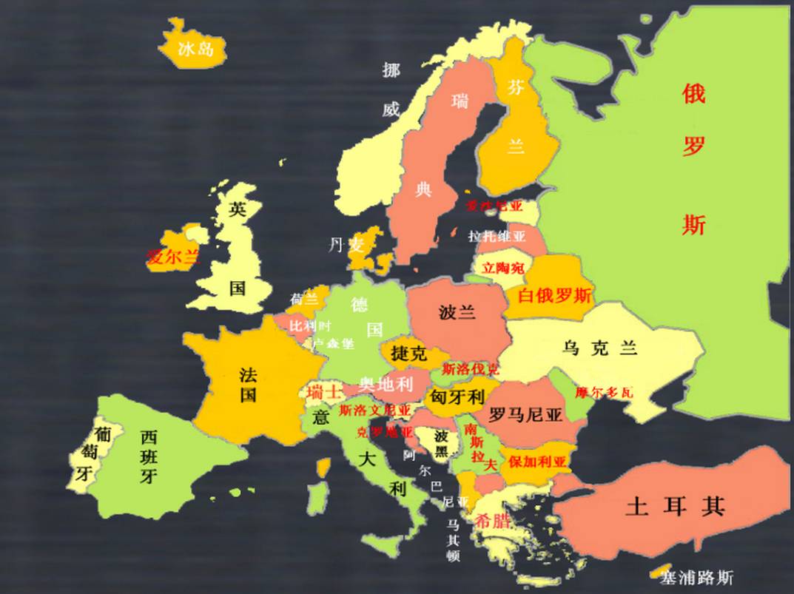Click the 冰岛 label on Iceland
[196, 50]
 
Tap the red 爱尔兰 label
[173, 257]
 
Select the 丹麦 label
[346, 245]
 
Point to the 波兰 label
[457, 312]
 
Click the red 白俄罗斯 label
[554, 296]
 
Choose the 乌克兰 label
[599, 348]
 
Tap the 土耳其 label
[674, 507]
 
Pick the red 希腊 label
[494, 519]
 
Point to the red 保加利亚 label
[536, 462]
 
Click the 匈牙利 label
[457, 397]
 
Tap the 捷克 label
[408, 353]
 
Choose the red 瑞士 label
[324, 392]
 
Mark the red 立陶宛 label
[502, 268]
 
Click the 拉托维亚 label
[497, 237]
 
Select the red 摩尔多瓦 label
[604, 392]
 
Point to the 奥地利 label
[386, 383]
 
